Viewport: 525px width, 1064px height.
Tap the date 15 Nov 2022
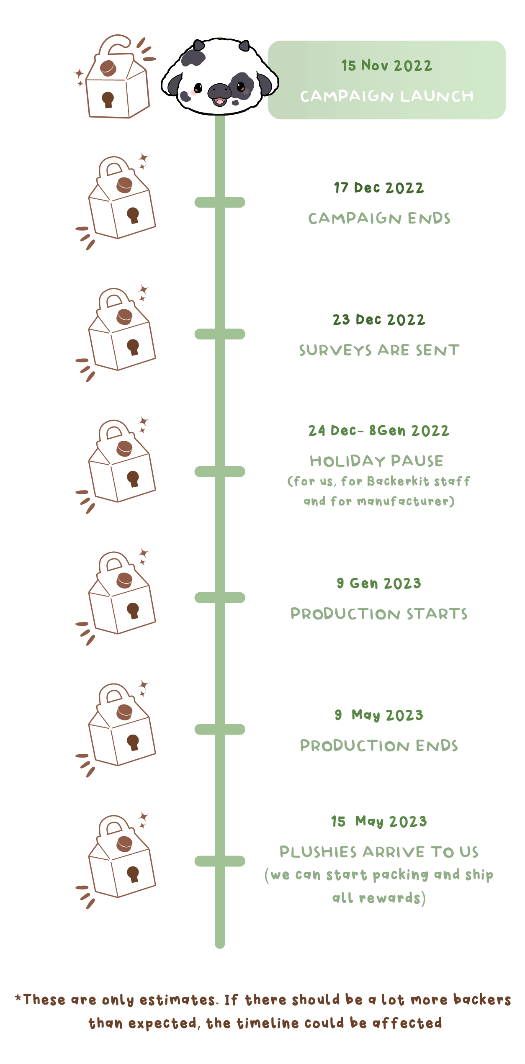386,66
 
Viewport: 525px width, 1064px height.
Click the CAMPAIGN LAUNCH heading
386,96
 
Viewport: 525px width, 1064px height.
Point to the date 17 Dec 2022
378,188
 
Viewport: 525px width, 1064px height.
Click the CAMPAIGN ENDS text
379,218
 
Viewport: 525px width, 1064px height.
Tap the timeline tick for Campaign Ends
220,203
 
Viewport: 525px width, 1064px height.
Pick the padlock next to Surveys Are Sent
121,331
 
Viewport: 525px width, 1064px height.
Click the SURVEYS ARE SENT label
379,350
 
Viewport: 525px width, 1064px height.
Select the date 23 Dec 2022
378,320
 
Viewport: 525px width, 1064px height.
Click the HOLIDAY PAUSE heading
376,461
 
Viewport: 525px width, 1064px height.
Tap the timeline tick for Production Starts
220,598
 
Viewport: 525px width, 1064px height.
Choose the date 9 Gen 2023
378,583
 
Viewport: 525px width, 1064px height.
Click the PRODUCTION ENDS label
379,746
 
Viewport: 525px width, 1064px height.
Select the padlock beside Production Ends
121,726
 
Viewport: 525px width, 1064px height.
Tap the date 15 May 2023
378,822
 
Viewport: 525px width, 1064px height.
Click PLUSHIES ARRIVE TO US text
379,852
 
